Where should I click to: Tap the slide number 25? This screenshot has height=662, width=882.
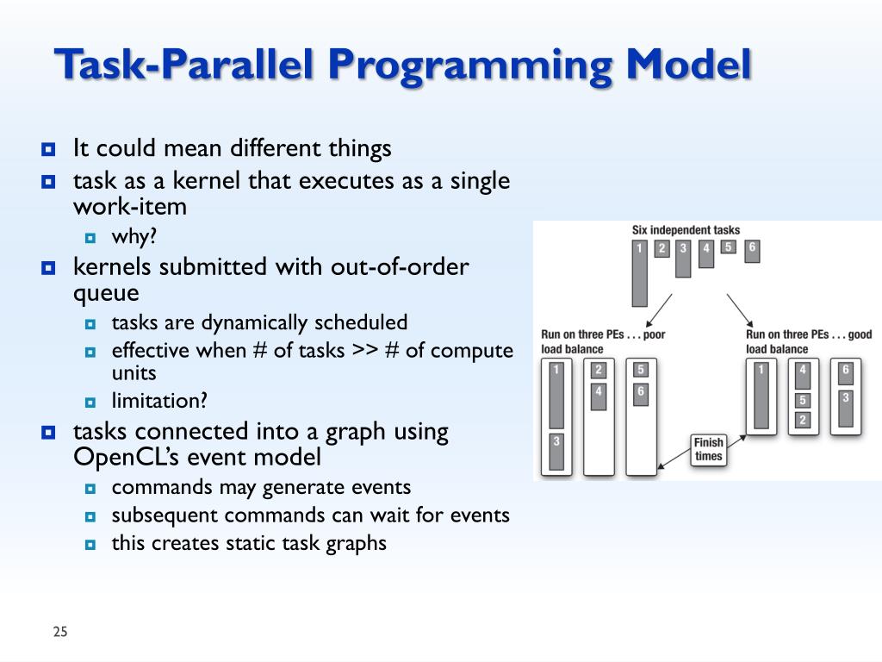coord(59,633)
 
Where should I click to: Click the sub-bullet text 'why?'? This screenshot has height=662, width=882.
coord(134,237)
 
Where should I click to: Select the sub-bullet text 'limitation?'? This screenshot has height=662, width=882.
coord(159,401)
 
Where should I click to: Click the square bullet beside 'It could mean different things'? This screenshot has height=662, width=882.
coord(48,150)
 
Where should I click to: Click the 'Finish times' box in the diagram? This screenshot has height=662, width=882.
coord(708,449)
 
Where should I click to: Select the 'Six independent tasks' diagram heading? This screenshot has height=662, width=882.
coord(686,230)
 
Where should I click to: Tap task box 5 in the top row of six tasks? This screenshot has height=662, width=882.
coord(728,247)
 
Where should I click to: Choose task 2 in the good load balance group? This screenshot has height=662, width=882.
coord(802,420)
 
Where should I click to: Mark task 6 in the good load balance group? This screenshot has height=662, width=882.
coord(845,370)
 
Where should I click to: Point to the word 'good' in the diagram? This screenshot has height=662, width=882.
coord(859,334)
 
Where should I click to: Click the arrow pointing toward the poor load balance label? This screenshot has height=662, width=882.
coord(660,308)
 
